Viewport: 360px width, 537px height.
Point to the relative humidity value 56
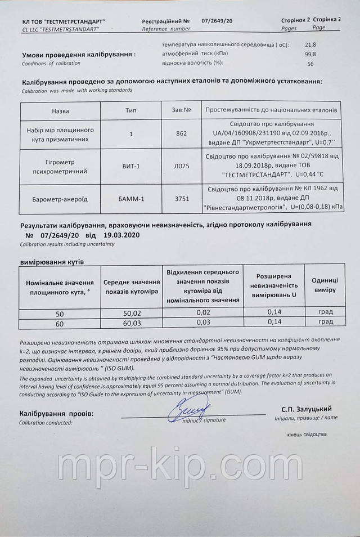310,64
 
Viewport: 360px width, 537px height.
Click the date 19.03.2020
119,235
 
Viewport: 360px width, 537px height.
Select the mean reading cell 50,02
133,312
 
